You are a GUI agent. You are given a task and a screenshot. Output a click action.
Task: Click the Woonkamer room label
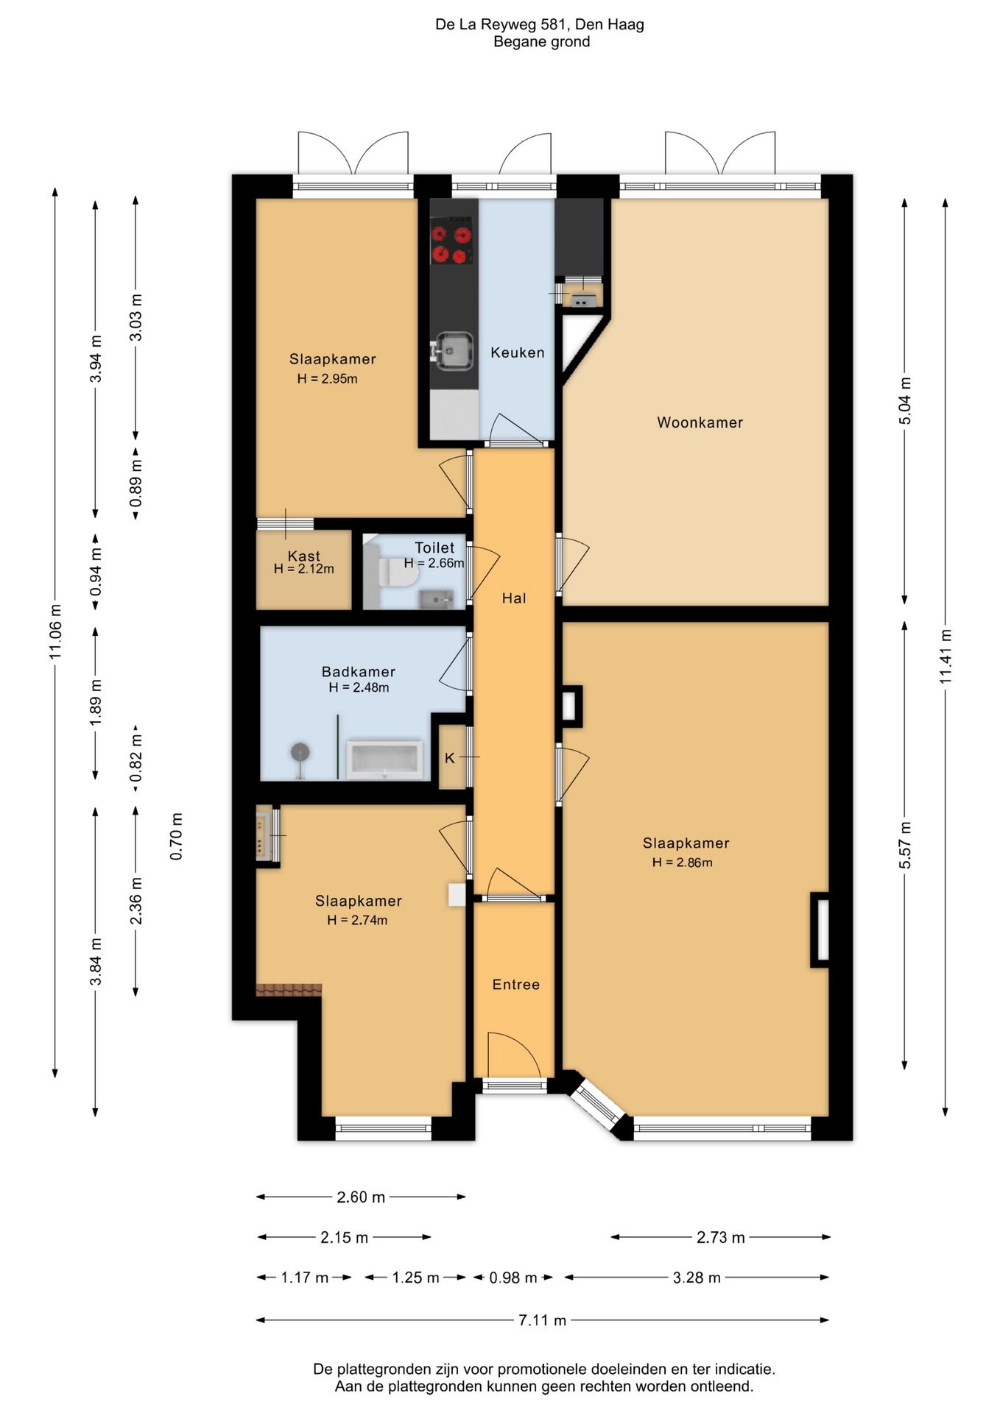click(x=700, y=422)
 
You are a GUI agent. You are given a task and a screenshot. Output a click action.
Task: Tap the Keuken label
click(x=518, y=353)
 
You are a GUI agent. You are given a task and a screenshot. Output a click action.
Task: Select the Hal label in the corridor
click(x=514, y=598)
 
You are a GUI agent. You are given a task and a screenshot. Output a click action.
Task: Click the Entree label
click(x=515, y=985)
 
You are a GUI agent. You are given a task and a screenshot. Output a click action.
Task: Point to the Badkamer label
click(x=359, y=672)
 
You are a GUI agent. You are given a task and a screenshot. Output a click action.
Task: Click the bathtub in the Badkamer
click(x=385, y=759)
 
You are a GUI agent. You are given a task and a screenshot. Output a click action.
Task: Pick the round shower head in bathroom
click(x=300, y=752)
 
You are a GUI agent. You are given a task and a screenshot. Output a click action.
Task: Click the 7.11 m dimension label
click(x=543, y=1320)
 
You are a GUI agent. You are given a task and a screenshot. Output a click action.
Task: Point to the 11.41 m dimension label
click(x=946, y=656)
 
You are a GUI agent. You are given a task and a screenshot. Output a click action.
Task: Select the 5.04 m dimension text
click(x=905, y=400)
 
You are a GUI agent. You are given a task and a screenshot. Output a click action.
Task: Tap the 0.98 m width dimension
click(x=513, y=1278)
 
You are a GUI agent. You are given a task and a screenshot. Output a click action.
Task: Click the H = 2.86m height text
click(x=682, y=863)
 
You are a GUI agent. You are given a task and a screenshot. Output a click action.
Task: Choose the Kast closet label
click(x=304, y=556)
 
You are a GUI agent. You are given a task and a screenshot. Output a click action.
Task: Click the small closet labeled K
click(x=451, y=757)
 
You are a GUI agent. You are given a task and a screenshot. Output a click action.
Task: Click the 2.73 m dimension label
click(x=721, y=1237)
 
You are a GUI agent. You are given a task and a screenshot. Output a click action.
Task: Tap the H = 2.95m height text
click(x=328, y=379)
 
